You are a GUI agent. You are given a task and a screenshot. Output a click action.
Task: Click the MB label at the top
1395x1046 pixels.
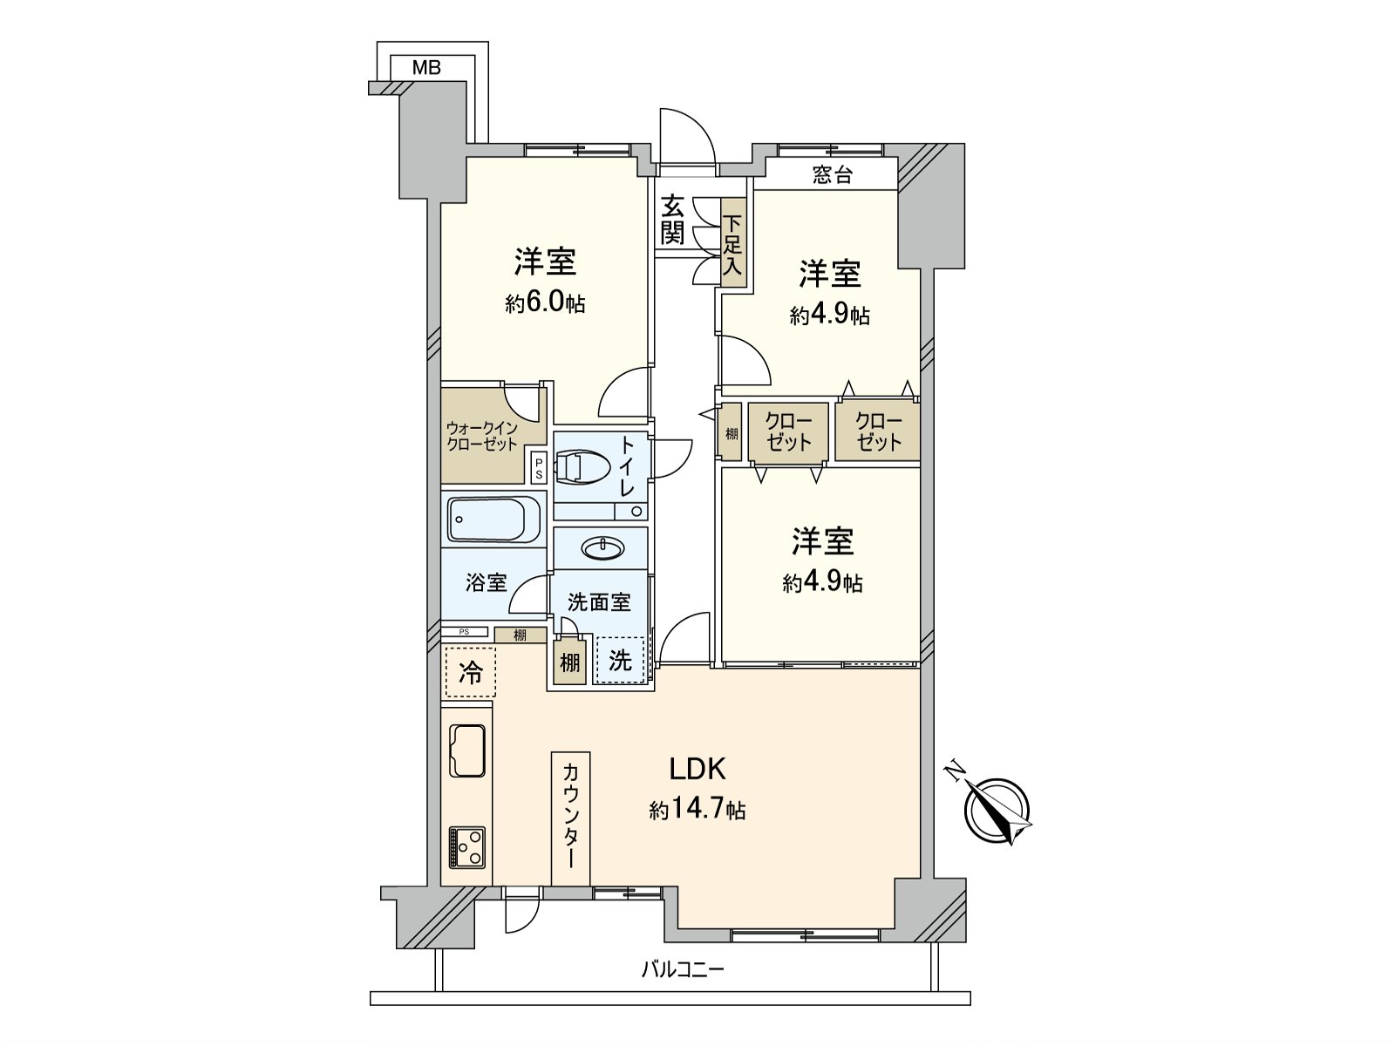click(426, 67)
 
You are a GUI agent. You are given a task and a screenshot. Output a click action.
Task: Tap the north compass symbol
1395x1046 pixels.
click(997, 810)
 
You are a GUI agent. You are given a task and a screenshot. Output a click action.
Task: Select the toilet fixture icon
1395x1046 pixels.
click(579, 465)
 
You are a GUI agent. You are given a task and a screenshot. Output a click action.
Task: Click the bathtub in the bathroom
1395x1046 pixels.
click(493, 520)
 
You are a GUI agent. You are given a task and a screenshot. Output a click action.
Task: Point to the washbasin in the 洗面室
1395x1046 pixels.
click(602, 547)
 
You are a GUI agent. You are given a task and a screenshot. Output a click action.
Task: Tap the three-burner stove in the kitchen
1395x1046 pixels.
click(467, 846)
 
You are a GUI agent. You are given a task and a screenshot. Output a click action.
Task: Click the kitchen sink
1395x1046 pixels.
click(467, 750)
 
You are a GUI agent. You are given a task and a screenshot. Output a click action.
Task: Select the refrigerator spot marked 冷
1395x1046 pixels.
click(470, 672)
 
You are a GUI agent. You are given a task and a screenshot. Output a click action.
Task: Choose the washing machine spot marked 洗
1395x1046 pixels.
click(620, 660)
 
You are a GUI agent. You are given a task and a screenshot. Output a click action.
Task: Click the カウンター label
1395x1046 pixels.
click(570, 814)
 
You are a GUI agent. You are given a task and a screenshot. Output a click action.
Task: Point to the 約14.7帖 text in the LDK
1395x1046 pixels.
click(697, 811)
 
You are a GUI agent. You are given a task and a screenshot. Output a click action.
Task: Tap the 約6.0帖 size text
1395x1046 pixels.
click(545, 303)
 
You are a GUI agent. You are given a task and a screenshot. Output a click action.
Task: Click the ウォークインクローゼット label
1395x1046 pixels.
click(482, 436)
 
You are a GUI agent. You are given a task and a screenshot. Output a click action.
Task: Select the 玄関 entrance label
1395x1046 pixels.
click(672, 221)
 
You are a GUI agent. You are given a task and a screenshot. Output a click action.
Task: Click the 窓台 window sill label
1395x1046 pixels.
click(832, 175)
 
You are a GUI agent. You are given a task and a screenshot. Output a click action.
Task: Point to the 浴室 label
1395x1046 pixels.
click(486, 582)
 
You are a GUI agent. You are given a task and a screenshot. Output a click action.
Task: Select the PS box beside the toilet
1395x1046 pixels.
click(539, 469)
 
